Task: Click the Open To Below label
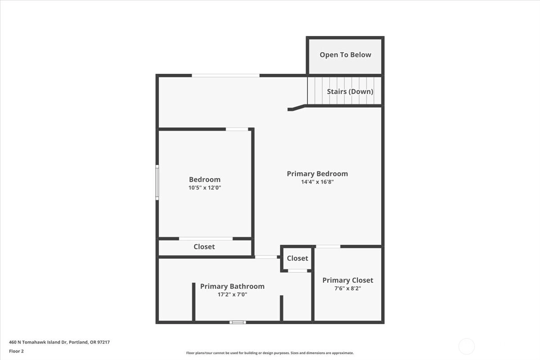click(x=345, y=55)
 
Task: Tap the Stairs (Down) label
click(x=350, y=92)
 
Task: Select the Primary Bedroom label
click(x=317, y=174)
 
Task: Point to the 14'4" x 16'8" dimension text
click(x=317, y=182)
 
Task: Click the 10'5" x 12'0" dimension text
click(x=205, y=188)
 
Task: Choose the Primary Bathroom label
click(x=232, y=287)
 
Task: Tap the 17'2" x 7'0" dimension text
click(x=232, y=294)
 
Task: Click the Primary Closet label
click(x=347, y=280)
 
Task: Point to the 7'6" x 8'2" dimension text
click(x=347, y=288)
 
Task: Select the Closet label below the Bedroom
click(x=204, y=247)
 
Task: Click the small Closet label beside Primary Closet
click(x=297, y=258)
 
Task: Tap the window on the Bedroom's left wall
click(x=157, y=183)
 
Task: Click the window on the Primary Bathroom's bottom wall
click(x=238, y=322)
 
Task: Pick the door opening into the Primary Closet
click(x=328, y=247)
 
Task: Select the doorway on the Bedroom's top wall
click(x=237, y=129)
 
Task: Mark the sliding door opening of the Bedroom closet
click(x=206, y=238)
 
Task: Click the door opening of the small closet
click(x=298, y=271)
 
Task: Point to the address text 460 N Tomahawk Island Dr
click(x=38, y=342)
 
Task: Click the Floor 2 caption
click(x=16, y=351)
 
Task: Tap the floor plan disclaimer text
click(x=270, y=353)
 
